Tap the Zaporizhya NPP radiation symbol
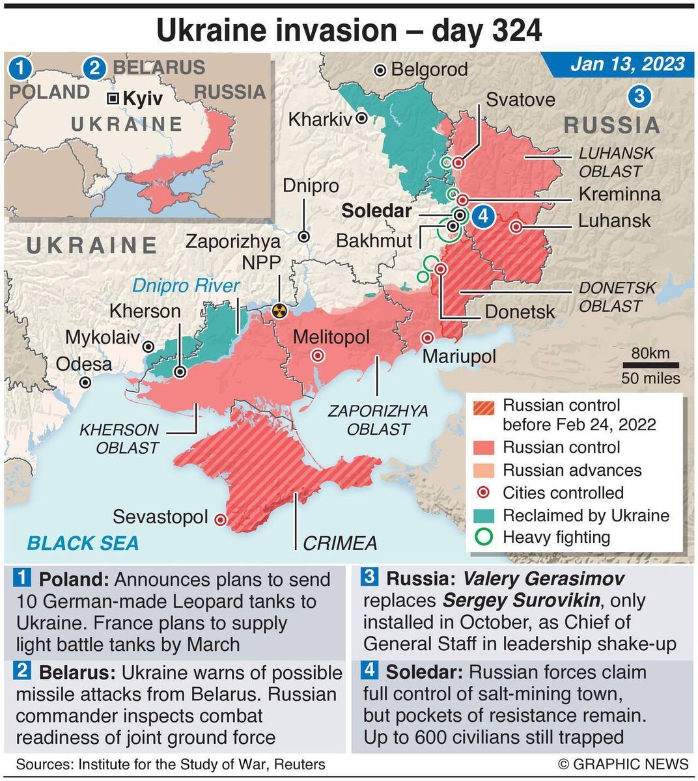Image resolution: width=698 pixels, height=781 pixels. point(279,311)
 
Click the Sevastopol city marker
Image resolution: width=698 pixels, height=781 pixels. point(221,519)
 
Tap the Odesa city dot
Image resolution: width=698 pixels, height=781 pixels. point(85,383)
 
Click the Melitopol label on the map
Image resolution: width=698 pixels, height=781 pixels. point(331,337)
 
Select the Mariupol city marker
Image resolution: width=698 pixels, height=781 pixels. point(428,338)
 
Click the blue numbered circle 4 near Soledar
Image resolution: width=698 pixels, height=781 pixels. point(483,215)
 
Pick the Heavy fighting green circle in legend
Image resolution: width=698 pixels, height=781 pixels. point(485,537)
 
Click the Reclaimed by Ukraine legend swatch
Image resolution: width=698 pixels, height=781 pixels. point(485,515)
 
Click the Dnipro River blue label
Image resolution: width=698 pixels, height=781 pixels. point(186,286)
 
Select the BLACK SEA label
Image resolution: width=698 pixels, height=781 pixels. point(83,543)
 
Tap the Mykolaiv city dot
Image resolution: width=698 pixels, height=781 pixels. point(148,347)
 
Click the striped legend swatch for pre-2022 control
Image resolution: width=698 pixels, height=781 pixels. point(485,408)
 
